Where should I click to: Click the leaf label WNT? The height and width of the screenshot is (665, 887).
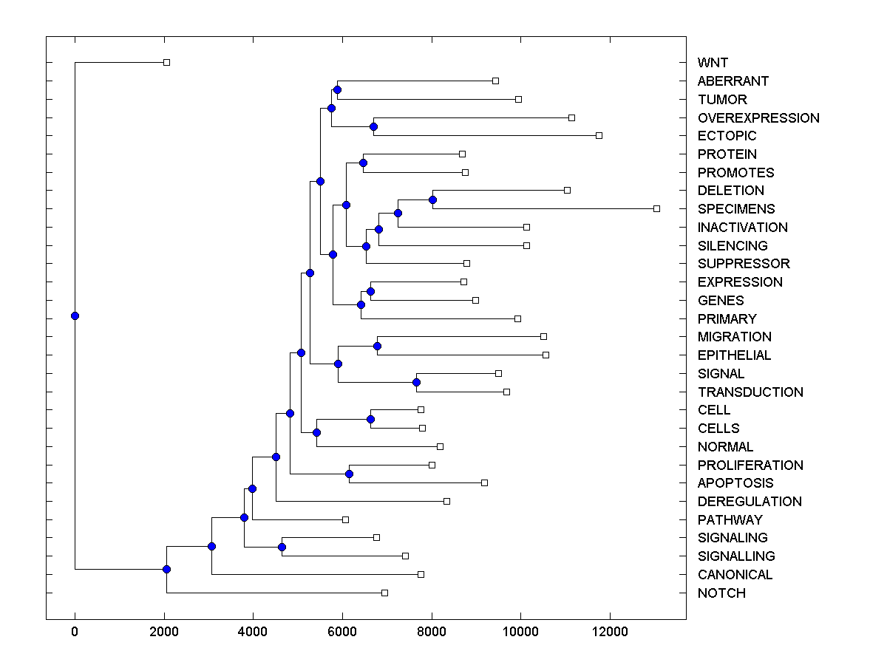click(x=713, y=63)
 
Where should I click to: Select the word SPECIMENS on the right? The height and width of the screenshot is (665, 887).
click(x=736, y=209)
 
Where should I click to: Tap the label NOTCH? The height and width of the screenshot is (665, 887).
click(x=721, y=593)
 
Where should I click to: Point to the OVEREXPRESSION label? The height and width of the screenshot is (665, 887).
click(x=758, y=118)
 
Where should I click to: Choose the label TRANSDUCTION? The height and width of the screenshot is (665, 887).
click(x=750, y=392)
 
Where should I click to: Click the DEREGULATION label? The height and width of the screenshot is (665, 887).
click(x=750, y=502)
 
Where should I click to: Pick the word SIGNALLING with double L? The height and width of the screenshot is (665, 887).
click(x=736, y=556)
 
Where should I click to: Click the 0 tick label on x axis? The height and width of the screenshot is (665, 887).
click(x=75, y=632)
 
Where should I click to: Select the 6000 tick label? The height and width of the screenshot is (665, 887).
click(x=342, y=632)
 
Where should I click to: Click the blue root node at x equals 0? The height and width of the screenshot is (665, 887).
click(x=75, y=316)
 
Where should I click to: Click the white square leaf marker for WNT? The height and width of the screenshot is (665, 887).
click(x=166, y=62)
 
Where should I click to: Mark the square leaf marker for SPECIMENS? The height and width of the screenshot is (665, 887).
click(x=656, y=208)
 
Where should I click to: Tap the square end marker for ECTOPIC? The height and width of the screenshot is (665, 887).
click(x=599, y=135)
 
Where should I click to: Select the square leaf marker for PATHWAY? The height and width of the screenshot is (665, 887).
click(x=345, y=519)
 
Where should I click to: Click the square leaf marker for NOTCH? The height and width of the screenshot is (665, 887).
click(x=384, y=593)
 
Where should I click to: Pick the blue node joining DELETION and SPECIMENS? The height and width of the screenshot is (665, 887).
click(x=432, y=199)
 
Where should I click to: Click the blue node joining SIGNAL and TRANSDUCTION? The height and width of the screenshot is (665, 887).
click(x=416, y=382)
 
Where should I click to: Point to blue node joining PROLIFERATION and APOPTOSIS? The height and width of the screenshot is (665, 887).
click(x=349, y=474)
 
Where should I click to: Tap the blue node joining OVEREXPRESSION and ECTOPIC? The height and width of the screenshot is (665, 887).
click(x=373, y=126)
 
